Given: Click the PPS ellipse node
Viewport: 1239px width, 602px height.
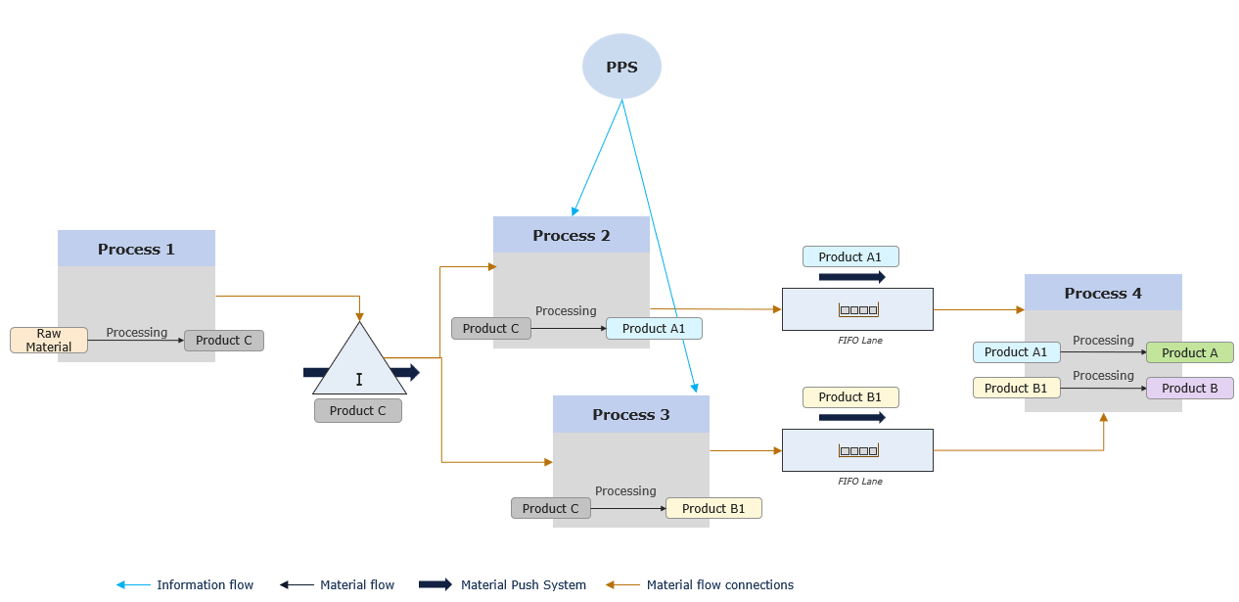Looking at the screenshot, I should click(x=621, y=67).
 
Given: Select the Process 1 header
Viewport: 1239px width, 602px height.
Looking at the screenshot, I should click(x=136, y=249).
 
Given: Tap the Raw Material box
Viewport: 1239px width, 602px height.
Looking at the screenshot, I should click(x=49, y=341).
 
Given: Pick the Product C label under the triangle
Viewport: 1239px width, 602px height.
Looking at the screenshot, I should click(x=358, y=411).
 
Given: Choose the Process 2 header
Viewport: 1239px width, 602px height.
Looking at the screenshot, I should click(x=572, y=235).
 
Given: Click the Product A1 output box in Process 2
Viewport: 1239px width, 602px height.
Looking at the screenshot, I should click(x=654, y=329).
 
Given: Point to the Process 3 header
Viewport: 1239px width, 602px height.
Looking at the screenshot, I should click(x=631, y=414).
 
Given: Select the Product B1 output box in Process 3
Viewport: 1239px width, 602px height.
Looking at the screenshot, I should click(x=713, y=508).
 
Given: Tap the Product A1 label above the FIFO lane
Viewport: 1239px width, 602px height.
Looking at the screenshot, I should click(x=850, y=256).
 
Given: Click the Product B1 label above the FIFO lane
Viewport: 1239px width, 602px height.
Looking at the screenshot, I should click(x=850, y=397).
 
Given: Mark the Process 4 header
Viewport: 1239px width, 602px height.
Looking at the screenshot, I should click(x=1103, y=293).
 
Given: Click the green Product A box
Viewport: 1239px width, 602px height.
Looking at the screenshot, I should click(x=1190, y=353).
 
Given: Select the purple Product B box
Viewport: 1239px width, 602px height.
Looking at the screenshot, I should click(x=1190, y=389).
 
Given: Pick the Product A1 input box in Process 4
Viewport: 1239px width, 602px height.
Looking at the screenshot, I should click(x=1016, y=352).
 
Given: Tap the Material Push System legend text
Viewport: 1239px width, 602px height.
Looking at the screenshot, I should click(x=524, y=585).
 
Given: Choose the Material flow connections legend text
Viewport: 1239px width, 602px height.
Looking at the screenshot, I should click(x=720, y=585).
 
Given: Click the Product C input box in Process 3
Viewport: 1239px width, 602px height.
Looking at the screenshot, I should click(x=551, y=508).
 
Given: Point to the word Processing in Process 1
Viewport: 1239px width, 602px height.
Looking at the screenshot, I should click(x=137, y=333).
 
